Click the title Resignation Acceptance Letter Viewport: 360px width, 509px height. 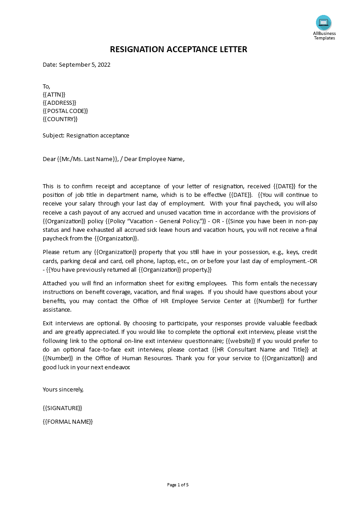(x=178, y=49)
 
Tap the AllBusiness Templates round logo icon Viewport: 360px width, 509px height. (x=324, y=23)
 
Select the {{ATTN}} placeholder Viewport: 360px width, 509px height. (x=54, y=94)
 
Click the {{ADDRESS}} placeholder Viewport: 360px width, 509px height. (x=59, y=103)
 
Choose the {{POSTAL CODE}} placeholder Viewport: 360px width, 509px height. (x=65, y=111)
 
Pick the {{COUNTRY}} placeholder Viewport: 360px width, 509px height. (x=60, y=119)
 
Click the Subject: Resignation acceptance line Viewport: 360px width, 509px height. (x=86, y=135)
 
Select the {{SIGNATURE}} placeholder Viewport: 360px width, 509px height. (x=62, y=408)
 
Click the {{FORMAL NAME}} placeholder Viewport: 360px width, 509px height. (x=68, y=421)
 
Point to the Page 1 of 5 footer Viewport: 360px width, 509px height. (x=178, y=485)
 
